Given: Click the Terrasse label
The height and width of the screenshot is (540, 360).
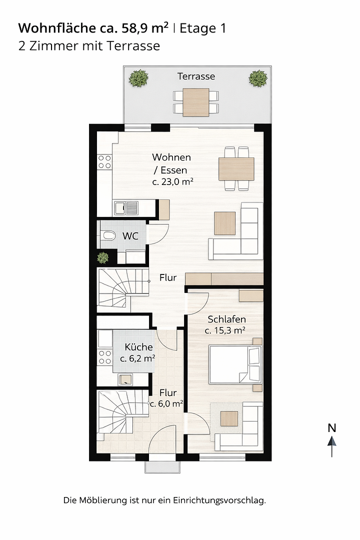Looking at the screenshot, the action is [x=196, y=76].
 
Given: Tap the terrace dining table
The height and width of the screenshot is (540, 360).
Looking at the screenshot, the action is [x=195, y=102].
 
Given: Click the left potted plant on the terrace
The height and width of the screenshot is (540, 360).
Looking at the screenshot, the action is [x=138, y=78].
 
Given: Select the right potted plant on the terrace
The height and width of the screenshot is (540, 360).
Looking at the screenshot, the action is [x=258, y=78].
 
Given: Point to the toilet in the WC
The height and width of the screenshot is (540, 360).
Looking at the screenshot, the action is [x=108, y=236].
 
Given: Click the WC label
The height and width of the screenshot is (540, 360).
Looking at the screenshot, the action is [x=130, y=236].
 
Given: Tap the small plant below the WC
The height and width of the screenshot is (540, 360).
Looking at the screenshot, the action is [x=102, y=257].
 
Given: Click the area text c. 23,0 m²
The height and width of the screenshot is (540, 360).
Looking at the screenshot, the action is [x=172, y=181].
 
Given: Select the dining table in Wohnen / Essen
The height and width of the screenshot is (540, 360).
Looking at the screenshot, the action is [x=236, y=169].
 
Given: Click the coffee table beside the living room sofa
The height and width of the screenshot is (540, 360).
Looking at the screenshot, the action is [x=225, y=223].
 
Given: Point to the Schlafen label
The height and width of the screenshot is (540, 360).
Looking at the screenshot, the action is [x=226, y=319].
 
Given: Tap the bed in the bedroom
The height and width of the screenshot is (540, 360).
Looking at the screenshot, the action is [x=235, y=364].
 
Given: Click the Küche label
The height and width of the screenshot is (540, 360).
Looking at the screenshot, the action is [x=138, y=347].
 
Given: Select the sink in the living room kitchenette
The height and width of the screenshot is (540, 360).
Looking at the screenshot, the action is [x=126, y=208].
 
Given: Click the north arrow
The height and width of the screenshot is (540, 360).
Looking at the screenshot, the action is [x=332, y=446].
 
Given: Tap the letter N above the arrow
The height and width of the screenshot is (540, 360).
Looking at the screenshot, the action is [x=332, y=428].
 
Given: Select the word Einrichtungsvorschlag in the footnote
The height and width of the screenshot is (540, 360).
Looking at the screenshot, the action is [x=219, y=500].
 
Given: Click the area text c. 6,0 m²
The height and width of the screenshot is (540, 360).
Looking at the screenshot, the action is [x=166, y=403].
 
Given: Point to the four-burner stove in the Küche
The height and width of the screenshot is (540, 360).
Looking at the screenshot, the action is [x=104, y=357].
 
